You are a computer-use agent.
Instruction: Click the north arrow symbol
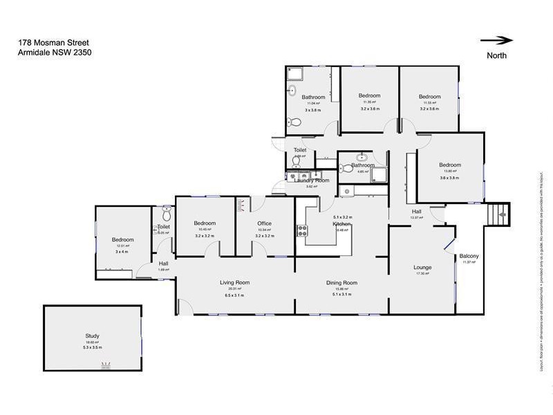point(496,40)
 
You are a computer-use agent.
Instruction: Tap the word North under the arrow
point(496,55)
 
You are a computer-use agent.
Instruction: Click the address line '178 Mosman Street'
point(48,42)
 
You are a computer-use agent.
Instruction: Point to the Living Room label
point(235,282)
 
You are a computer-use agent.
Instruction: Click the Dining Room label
point(341,282)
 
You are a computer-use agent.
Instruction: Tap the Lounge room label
point(422,267)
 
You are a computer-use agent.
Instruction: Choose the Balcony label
point(469,257)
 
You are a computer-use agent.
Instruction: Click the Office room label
point(264,223)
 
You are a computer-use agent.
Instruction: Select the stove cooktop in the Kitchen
point(302,230)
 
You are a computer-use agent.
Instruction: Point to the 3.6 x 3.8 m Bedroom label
point(449,165)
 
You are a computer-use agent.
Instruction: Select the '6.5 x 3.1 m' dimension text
point(235,295)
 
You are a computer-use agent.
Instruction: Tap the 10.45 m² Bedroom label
point(205,223)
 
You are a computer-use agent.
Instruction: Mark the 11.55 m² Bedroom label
point(429,96)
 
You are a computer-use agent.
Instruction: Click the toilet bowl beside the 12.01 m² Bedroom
point(165,215)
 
